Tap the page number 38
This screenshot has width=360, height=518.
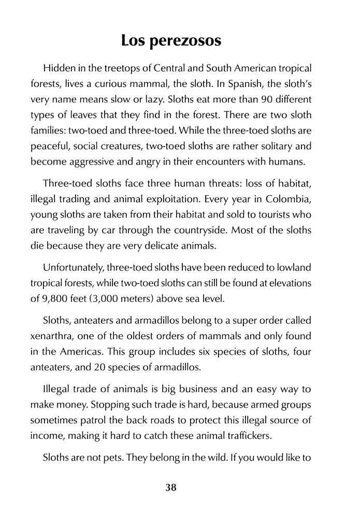(171, 487)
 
